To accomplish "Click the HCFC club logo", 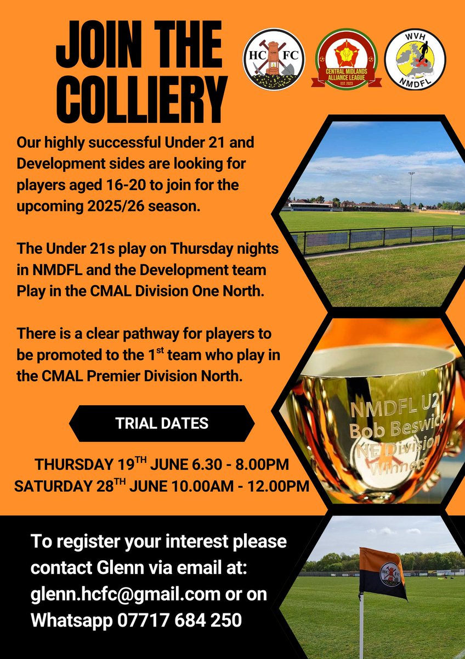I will [273, 59].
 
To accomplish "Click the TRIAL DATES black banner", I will [162, 423].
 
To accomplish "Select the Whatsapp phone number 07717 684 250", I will [179, 621].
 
